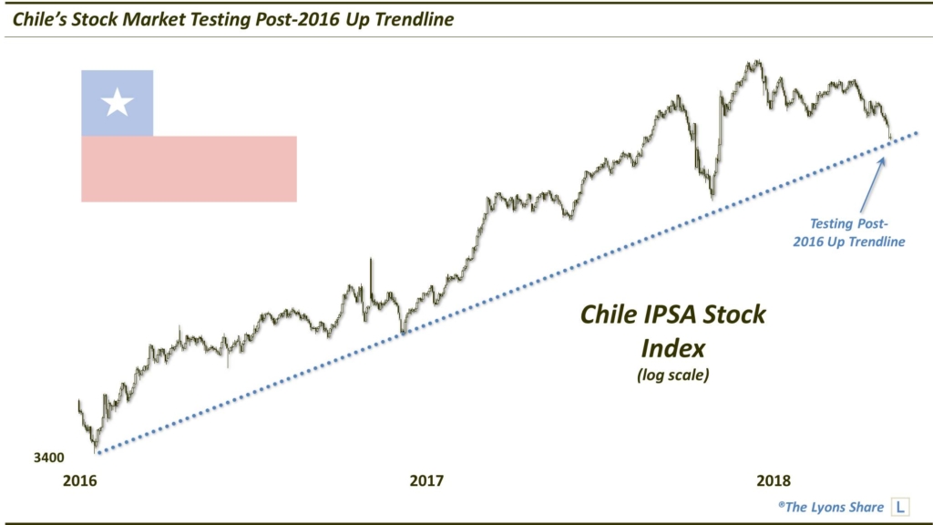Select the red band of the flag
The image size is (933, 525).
[x=189, y=169]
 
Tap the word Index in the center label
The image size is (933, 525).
[x=674, y=347]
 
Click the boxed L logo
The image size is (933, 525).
[x=901, y=505]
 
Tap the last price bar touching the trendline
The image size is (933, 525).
[x=889, y=137]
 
